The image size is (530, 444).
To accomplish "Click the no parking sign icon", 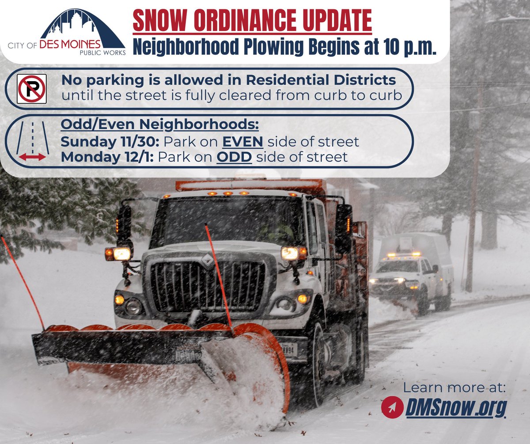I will [x=31, y=89].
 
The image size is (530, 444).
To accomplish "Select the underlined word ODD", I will [x=234, y=157].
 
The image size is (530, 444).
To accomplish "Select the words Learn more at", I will [x=454, y=388].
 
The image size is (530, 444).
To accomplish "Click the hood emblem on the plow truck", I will [x=208, y=260].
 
